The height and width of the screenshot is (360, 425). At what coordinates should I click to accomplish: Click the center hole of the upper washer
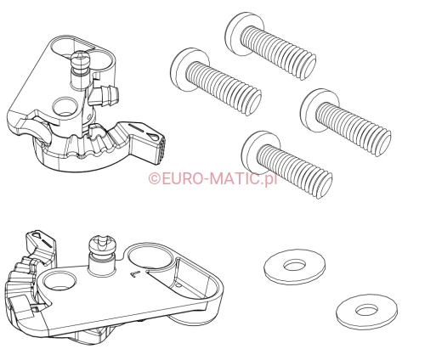pyautogui.click(x=295, y=266)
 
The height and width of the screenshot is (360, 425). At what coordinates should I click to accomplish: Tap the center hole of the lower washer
pyautogui.click(x=367, y=310)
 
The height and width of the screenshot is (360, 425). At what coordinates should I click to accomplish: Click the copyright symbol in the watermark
pyautogui.click(x=155, y=178)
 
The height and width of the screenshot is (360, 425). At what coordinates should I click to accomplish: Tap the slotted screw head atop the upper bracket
pyautogui.click(x=81, y=58)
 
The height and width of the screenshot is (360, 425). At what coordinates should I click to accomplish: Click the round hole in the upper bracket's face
pyautogui.click(x=65, y=107)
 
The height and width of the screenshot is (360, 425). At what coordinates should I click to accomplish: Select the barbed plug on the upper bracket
pyautogui.click(x=106, y=95)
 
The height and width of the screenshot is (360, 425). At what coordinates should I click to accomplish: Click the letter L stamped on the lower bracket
pyautogui.click(x=135, y=273)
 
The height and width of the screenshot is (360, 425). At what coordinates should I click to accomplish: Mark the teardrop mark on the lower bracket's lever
pyautogui.click(x=37, y=234)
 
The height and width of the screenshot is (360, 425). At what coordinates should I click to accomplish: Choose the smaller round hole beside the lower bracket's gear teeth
pyautogui.click(x=59, y=279)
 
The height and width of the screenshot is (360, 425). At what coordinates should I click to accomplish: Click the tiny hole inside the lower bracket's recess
pyautogui.click(x=178, y=284)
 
